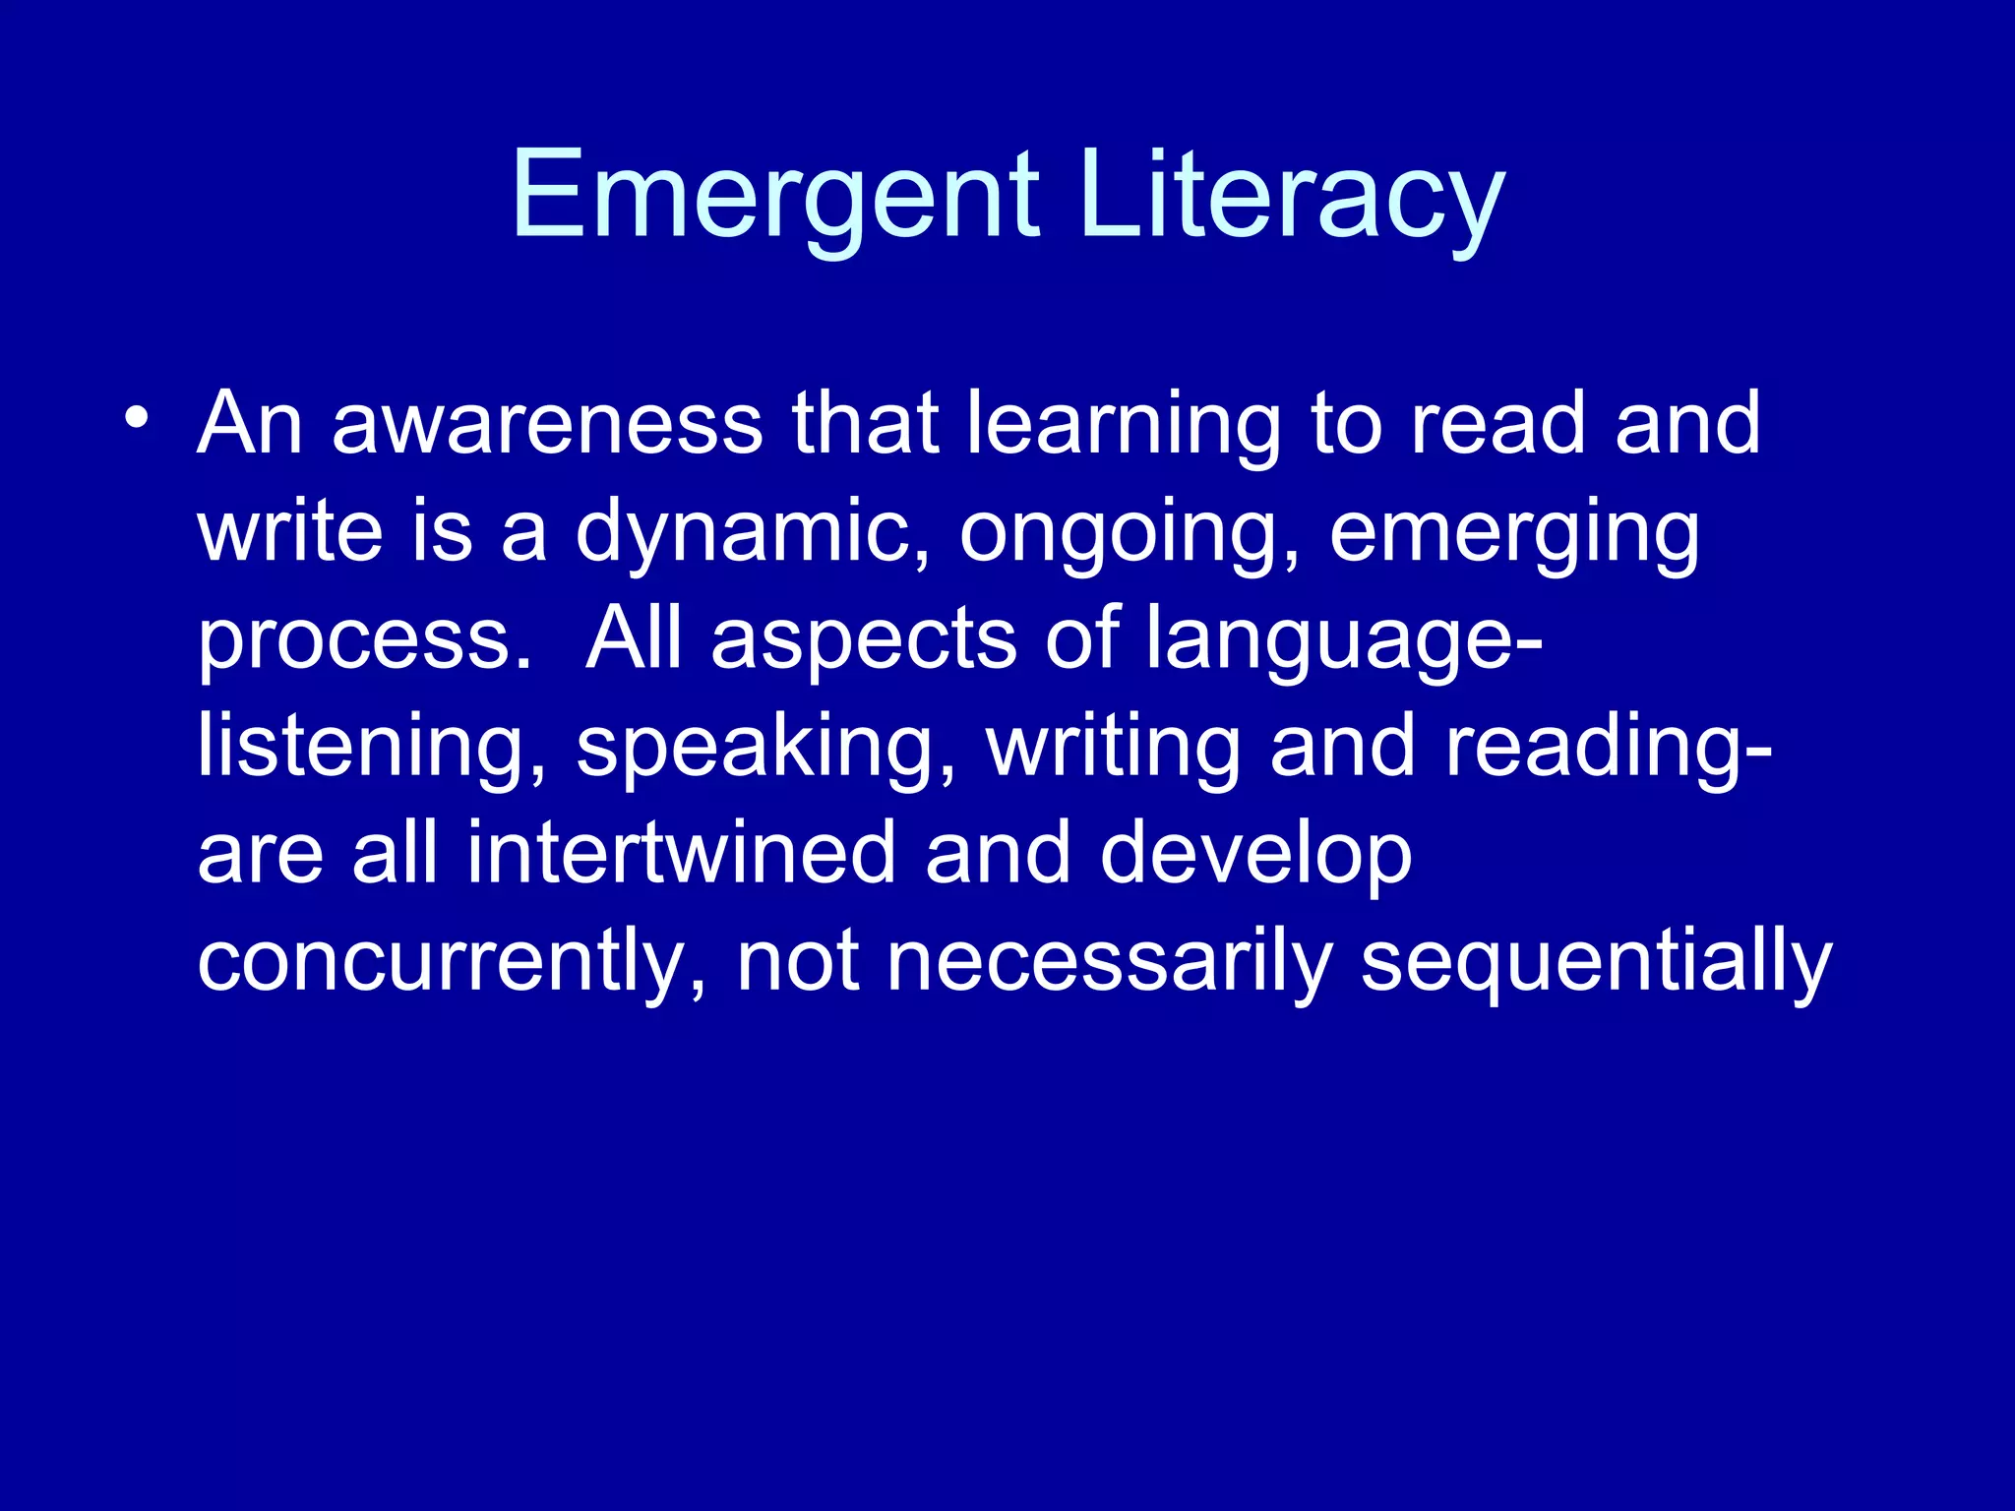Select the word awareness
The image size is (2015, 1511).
547,424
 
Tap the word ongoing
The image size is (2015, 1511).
1130,532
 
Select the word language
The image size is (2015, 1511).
1342,640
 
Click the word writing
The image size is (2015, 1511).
1113,748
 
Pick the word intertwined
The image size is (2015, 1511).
680,854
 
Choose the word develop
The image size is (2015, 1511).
1255,854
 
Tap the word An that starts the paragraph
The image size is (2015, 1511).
250,424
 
